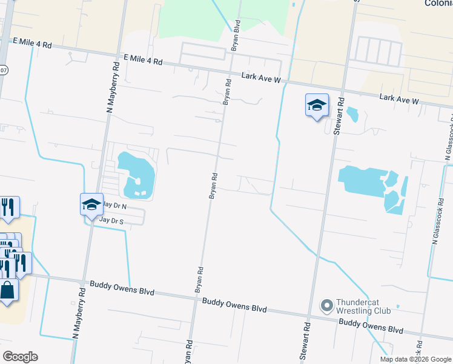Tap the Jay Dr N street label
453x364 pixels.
113,206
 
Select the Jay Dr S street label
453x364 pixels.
111,221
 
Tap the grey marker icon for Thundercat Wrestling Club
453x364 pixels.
327,305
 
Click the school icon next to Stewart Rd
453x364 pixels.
317,106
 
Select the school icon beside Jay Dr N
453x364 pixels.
91,204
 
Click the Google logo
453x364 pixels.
20,357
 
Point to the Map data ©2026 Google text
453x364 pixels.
415,359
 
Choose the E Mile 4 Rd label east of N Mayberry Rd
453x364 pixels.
143,60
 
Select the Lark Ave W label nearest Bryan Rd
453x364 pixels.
261,77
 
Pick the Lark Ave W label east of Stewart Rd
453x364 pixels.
399,98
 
